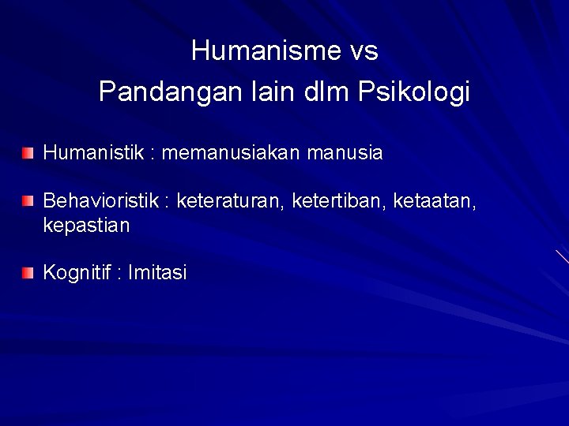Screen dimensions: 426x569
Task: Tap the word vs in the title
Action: (x=363, y=51)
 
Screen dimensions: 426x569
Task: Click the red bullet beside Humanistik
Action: (x=28, y=152)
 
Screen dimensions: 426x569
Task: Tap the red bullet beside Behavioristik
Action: (x=28, y=203)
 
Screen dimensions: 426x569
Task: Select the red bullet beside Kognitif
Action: (x=28, y=273)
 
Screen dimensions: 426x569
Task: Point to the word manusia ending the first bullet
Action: (x=349, y=152)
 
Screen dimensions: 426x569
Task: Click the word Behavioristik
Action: (x=101, y=203)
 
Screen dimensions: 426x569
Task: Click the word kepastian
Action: (x=86, y=226)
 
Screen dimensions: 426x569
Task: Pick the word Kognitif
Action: (x=76, y=273)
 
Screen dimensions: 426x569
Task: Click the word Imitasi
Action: (x=158, y=273)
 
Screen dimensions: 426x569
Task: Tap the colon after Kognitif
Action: (x=119, y=275)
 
